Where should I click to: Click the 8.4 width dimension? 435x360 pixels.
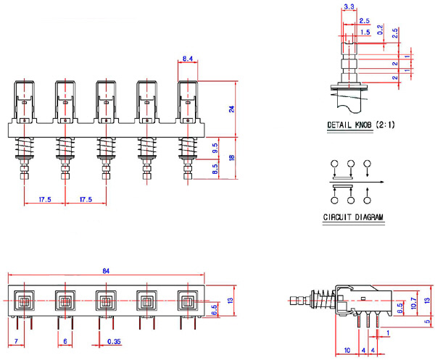(x=187, y=58)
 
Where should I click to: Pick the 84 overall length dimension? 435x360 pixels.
(x=105, y=271)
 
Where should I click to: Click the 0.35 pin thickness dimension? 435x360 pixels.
(x=113, y=341)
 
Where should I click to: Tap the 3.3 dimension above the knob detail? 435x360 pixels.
(x=349, y=7)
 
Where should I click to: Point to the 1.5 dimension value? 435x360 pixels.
(x=364, y=32)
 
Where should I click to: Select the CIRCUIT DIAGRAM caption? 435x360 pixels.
(x=353, y=217)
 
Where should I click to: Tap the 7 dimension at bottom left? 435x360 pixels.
(x=16, y=341)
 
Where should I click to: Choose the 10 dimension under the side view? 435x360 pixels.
(x=347, y=351)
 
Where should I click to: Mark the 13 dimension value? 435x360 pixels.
(x=231, y=300)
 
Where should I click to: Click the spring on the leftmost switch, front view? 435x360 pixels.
(x=24, y=151)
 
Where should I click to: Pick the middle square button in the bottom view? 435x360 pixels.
(x=105, y=299)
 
